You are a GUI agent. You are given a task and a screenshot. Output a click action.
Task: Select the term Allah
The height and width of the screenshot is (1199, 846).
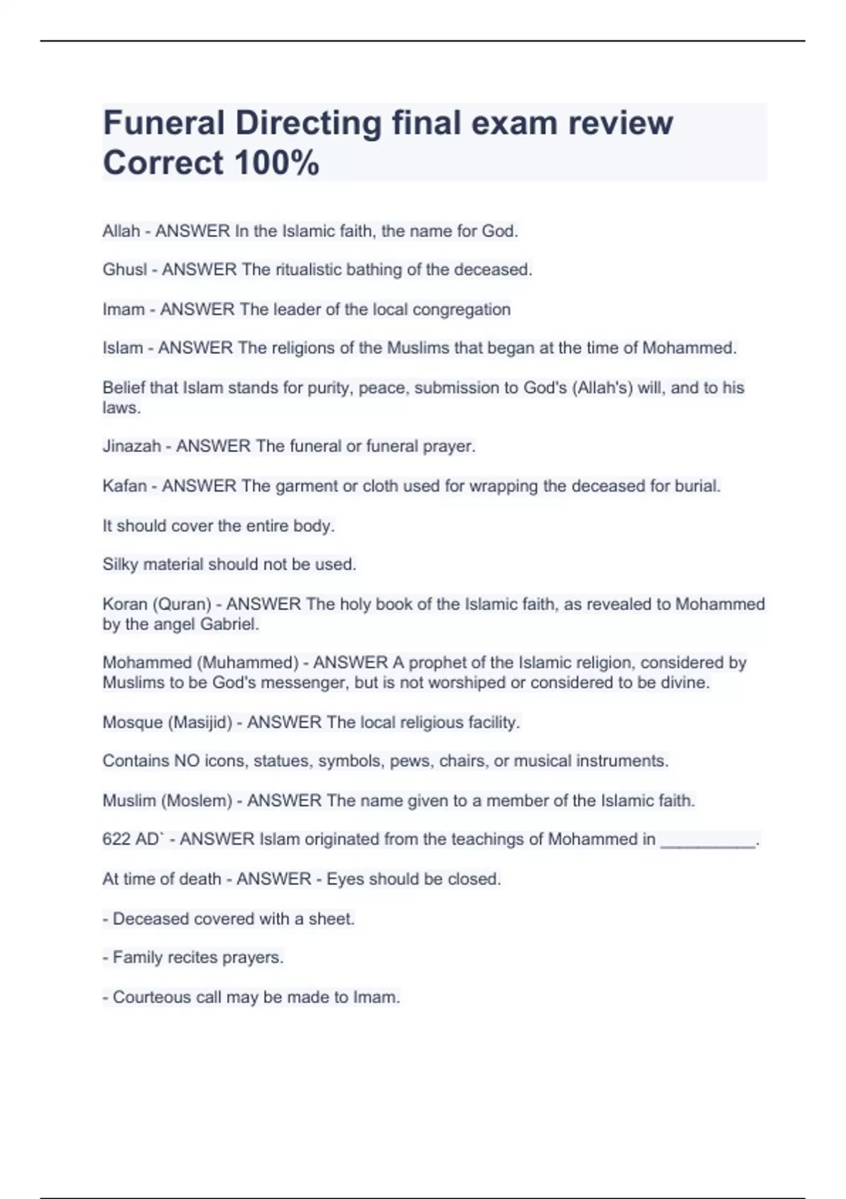click(121, 231)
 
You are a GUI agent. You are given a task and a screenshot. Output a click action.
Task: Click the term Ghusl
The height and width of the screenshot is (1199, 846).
click(125, 270)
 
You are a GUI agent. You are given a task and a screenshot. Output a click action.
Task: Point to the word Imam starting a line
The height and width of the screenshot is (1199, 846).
click(123, 310)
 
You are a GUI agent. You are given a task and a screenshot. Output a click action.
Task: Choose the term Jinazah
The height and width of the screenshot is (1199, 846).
click(132, 446)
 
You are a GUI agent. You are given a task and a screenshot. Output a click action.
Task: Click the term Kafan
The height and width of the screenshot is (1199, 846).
click(125, 486)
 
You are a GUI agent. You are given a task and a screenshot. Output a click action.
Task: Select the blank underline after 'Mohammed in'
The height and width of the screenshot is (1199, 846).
click(708, 841)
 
